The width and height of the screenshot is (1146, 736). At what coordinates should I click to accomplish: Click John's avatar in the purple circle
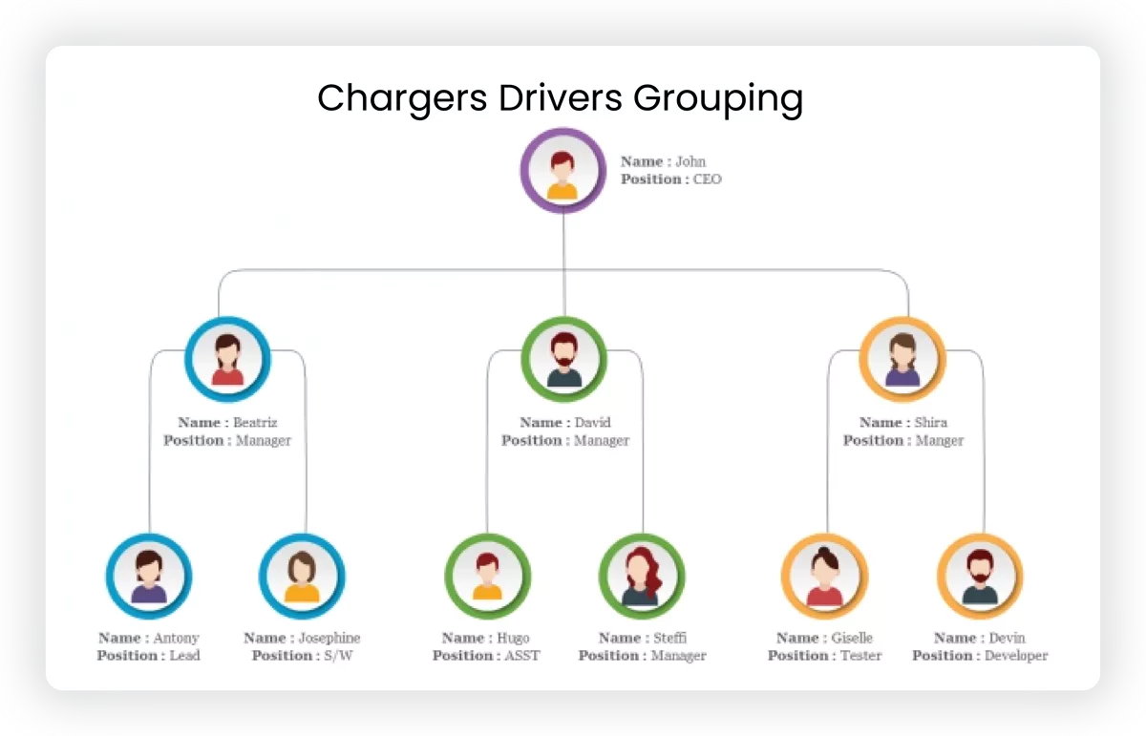pos(562,171)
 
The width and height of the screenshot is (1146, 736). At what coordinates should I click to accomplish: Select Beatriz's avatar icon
pos(227,359)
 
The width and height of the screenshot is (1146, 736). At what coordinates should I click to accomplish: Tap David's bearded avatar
pos(563,359)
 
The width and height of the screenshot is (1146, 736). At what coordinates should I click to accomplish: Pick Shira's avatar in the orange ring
pos(902,359)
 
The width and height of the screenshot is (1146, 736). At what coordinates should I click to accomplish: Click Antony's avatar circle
pos(149,576)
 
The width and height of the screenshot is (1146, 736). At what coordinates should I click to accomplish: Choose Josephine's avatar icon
pos(302,576)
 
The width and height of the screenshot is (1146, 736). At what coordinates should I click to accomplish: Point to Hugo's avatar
pos(487,576)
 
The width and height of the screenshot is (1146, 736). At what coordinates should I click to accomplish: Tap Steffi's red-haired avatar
pos(641,576)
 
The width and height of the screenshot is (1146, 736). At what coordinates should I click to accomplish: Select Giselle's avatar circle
pos(824,576)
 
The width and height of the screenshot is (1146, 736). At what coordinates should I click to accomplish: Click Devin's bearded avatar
pos(980,576)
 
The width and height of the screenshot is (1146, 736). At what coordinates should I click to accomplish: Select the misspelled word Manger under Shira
pos(940,441)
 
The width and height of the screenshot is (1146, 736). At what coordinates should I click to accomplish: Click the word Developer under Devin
pos(1016,656)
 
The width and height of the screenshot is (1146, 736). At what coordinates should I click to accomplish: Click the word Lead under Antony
pos(183,656)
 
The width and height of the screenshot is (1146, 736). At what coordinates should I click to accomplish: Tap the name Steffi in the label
pos(669,638)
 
